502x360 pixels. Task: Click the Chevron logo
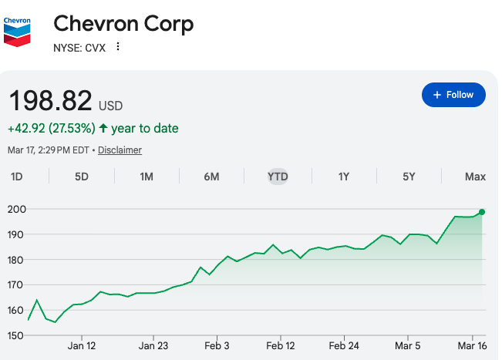pos(17,29)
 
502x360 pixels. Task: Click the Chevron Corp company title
pos(123,23)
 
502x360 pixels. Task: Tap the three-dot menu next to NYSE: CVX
pos(118,46)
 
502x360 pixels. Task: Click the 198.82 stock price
pos(50,100)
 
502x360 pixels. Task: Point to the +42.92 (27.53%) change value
pos(51,128)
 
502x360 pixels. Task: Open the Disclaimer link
pos(120,150)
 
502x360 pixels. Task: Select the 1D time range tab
pos(17,177)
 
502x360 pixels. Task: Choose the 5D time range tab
pos(82,177)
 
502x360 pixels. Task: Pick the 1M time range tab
pos(147,177)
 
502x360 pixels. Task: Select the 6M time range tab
pos(212,177)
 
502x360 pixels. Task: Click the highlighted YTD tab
pos(278,177)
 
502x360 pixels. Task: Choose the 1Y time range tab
pos(344,177)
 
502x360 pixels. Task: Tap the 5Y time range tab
pos(409,177)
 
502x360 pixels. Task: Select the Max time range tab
pos(475,177)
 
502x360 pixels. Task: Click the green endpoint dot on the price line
pos(482,212)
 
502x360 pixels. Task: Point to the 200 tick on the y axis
pos(17,209)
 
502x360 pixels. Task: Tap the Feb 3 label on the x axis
pos(217,346)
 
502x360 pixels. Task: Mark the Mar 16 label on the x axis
pos(471,346)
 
